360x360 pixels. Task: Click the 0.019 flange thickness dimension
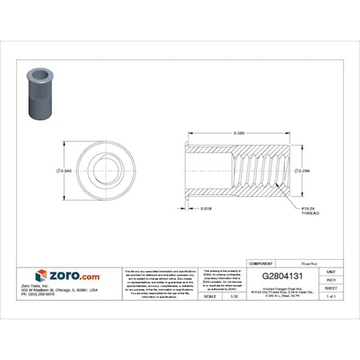(x=207, y=209)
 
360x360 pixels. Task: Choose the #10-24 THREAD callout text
(x=310, y=212)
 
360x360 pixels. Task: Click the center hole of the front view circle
(x=99, y=170)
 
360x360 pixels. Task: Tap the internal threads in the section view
(x=256, y=170)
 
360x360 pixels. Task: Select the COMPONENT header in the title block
(x=261, y=264)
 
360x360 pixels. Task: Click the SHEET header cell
(x=331, y=287)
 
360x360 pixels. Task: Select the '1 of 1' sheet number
(x=331, y=296)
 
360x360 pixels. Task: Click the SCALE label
(x=209, y=296)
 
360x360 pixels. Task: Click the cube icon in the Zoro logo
(x=41, y=276)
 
